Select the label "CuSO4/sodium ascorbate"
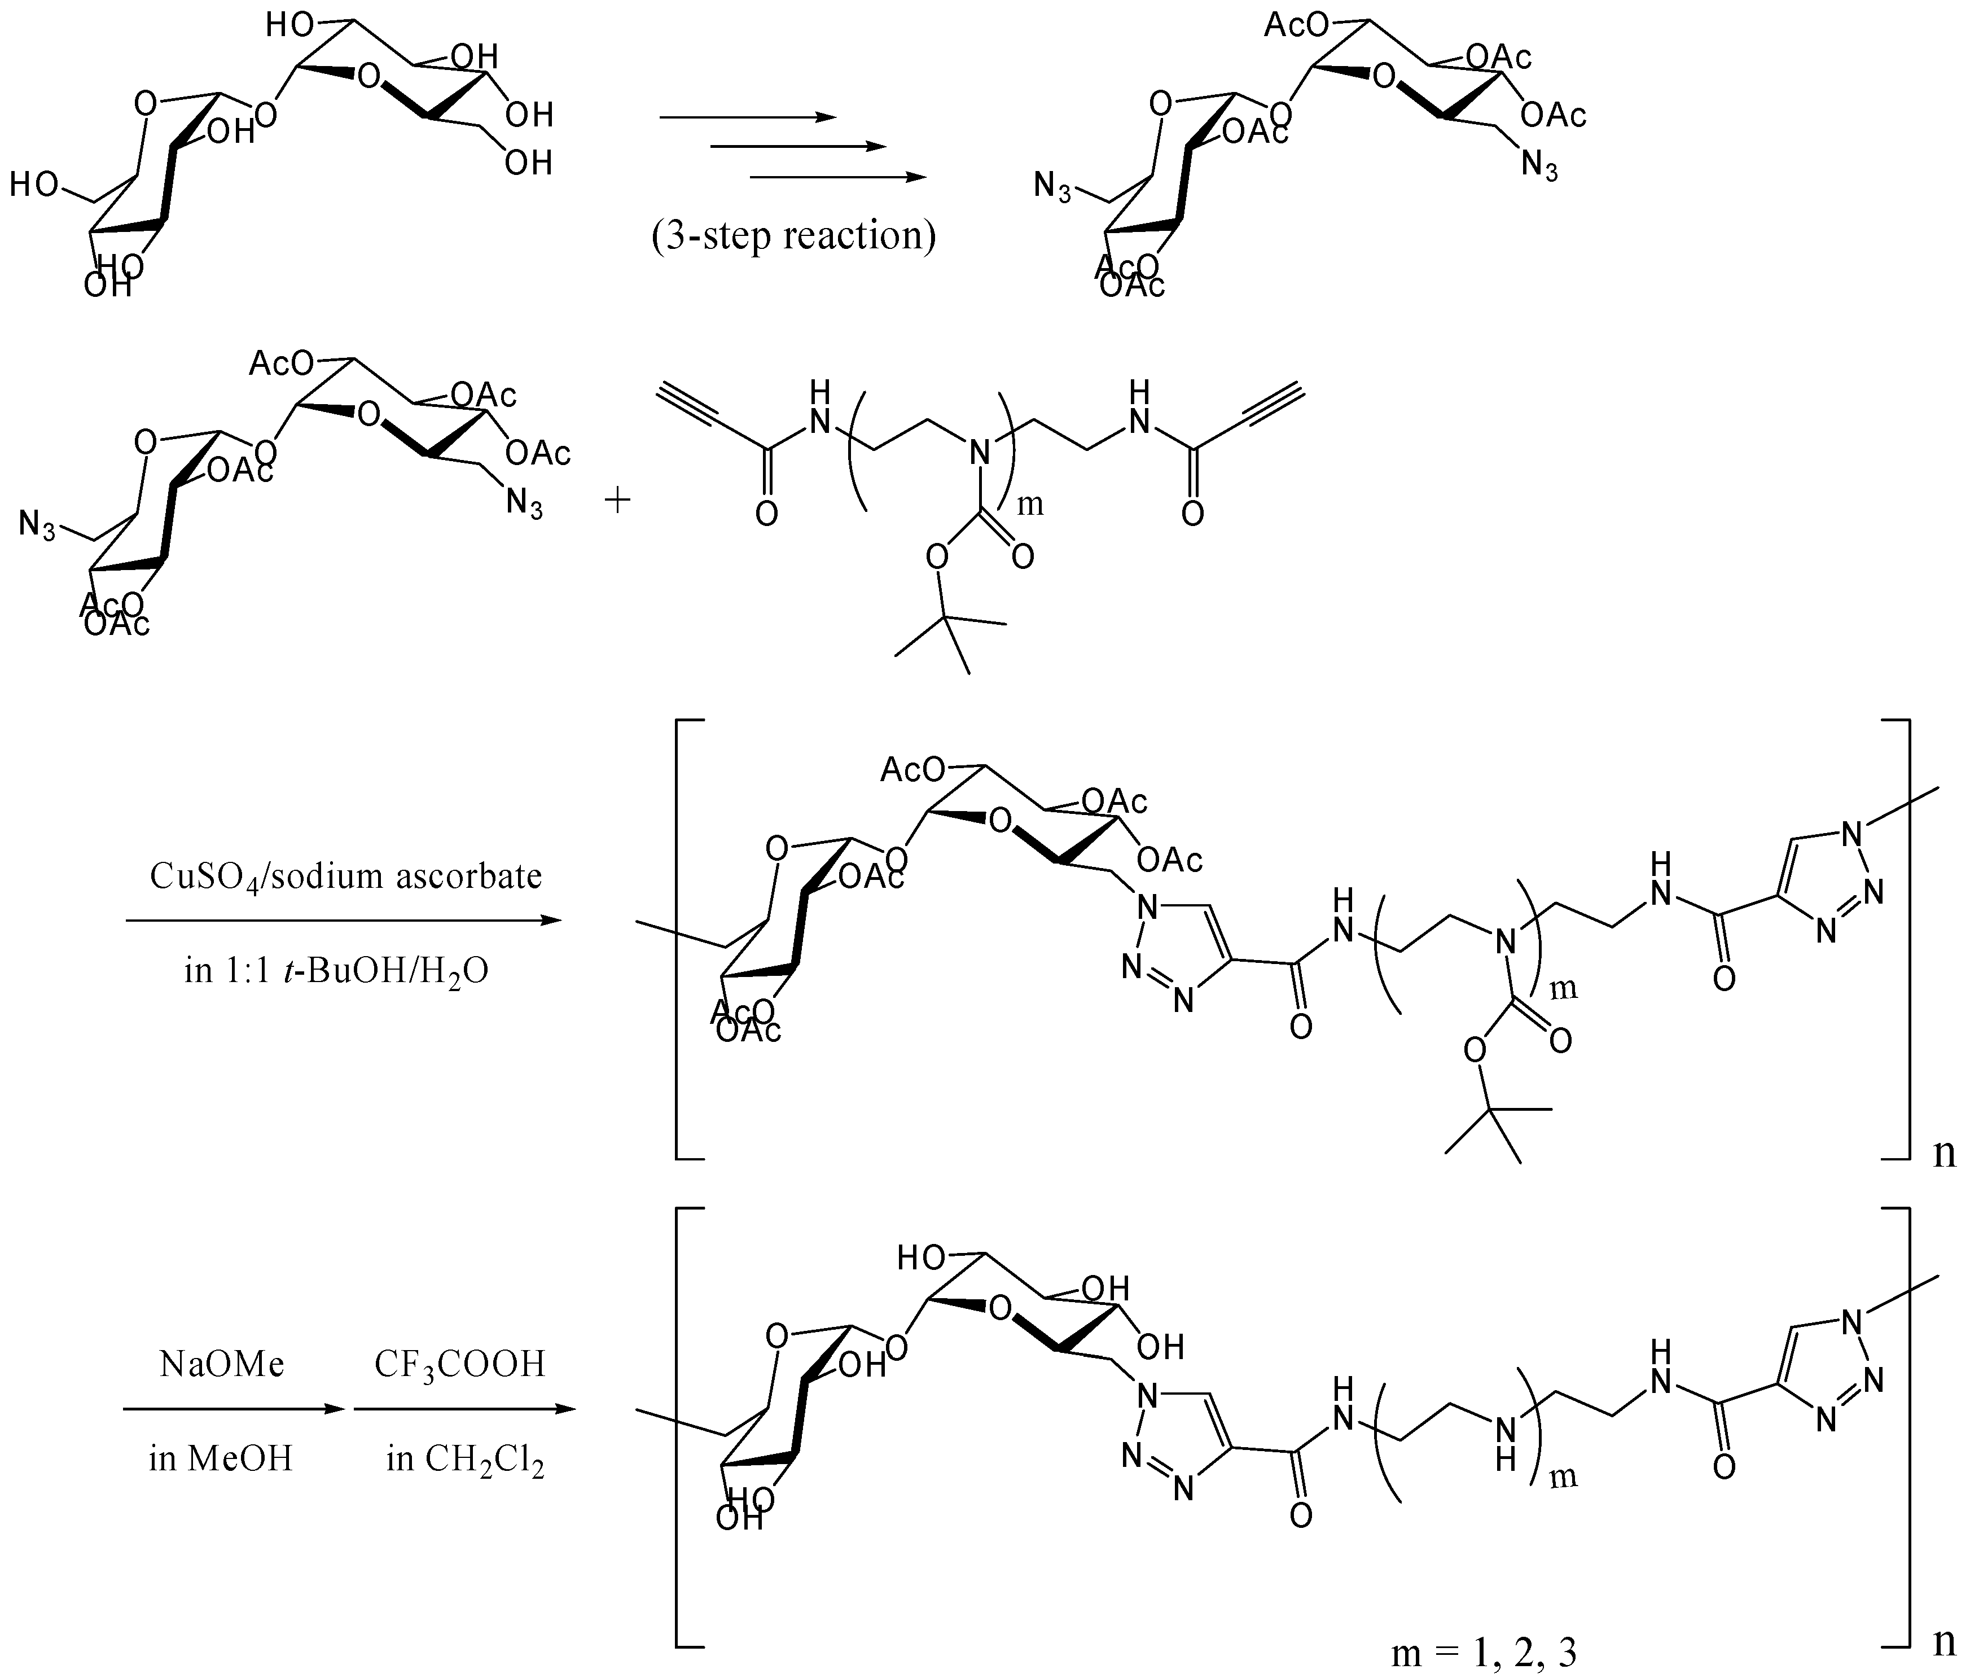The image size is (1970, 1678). (x=345, y=875)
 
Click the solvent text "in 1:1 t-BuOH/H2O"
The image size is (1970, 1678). (x=336, y=971)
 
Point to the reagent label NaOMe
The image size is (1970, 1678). (x=222, y=1364)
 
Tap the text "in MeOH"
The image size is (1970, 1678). (x=221, y=1457)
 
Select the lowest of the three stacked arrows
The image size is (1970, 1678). (x=837, y=177)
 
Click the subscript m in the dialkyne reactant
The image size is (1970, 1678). (x=1030, y=505)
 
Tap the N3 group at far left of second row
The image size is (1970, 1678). (x=38, y=524)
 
